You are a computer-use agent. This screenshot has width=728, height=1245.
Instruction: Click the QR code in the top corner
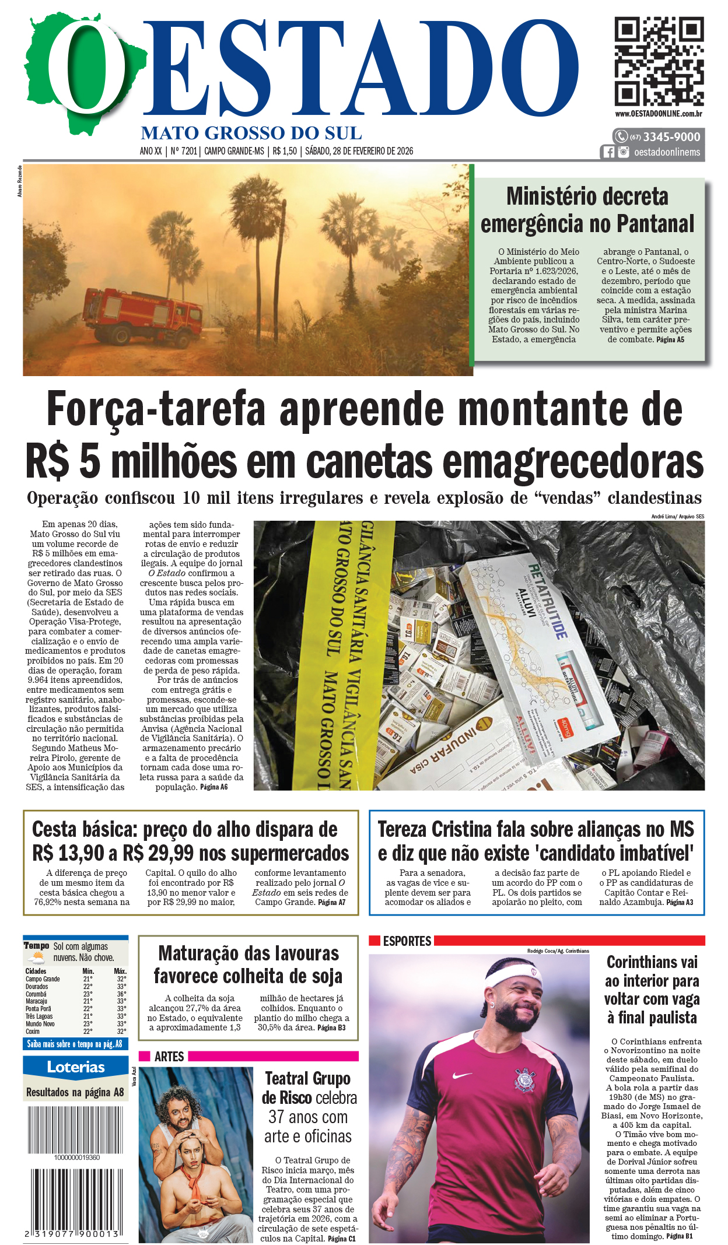tap(659, 61)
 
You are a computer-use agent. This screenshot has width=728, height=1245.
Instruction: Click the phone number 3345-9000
tap(671, 137)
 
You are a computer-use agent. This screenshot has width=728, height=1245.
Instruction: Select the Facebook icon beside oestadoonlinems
tap(608, 152)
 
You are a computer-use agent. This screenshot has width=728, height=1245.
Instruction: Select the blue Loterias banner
tap(76, 1068)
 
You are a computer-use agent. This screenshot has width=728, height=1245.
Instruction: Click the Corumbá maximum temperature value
tap(121, 994)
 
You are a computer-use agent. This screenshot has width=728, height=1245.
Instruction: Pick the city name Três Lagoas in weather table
tap(39, 1016)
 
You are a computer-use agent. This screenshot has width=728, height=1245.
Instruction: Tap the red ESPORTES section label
tap(407, 941)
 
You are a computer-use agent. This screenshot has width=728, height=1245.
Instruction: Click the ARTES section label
tap(169, 1057)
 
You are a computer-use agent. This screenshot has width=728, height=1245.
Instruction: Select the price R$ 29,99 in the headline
tap(158, 854)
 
